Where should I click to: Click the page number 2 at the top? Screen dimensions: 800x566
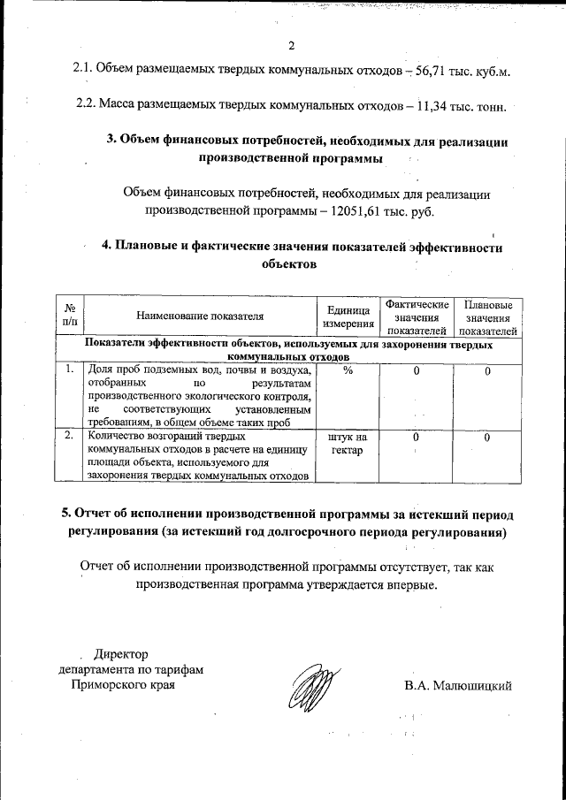(x=290, y=46)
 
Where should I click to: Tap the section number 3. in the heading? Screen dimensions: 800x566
(x=111, y=141)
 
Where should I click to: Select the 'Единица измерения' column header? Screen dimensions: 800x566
(x=347, y=316)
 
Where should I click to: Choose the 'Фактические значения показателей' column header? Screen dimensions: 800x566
(x=416, y=316)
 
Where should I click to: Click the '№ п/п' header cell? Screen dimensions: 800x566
(x=70, y=316)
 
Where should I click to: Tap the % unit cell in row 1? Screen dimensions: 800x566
(x=348, y=370)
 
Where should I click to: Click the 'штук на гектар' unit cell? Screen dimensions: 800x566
(x=347, y=444)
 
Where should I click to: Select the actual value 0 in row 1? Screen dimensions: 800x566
(x=416, y=370)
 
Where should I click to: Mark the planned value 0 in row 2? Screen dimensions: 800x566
(x=487, y=438)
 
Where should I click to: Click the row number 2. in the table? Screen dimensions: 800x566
(x=70, y=436)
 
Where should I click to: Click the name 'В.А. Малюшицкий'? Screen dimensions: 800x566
(x=458, y=685)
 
